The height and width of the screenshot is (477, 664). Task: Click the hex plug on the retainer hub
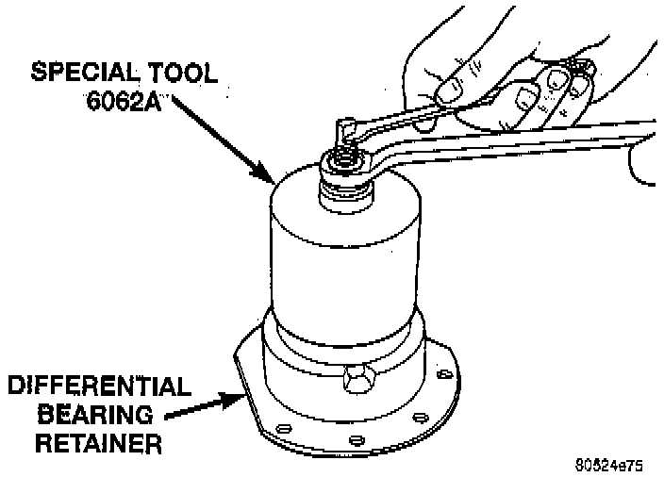[358, 383]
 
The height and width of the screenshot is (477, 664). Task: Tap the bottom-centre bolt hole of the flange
[355, 440]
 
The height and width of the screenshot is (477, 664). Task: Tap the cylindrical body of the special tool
[345, 255]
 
